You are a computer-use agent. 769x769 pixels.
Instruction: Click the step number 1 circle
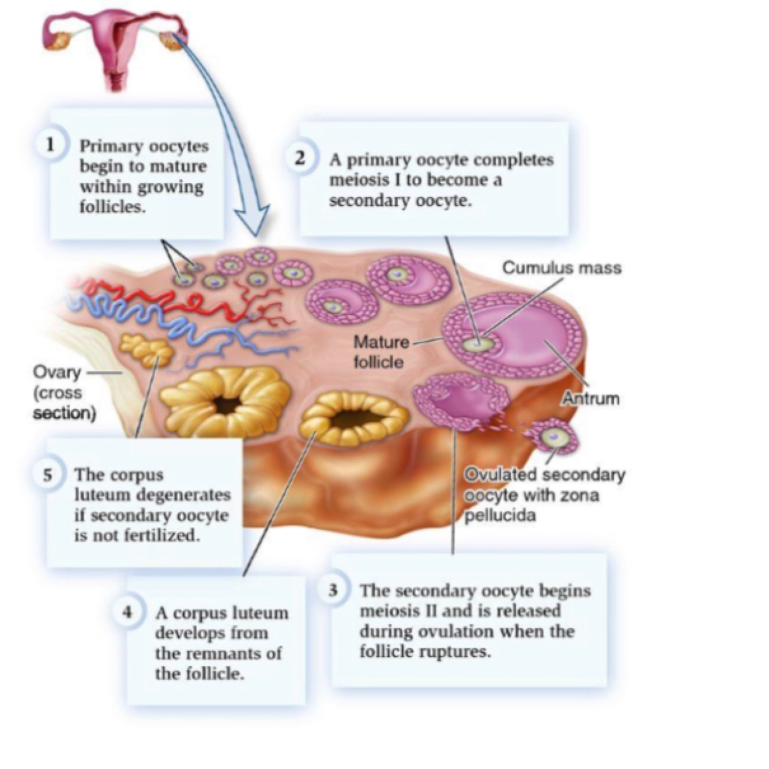point(51,145)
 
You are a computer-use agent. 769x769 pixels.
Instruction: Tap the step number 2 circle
point(300,158)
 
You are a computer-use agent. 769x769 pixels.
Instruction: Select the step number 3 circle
point(333,590)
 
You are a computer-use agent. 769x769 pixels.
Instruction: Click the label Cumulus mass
point(561,267)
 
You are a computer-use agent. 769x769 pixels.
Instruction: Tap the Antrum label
point(591,398)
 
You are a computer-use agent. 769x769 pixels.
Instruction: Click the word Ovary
point(56,372)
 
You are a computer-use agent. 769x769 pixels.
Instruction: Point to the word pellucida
point(500,515)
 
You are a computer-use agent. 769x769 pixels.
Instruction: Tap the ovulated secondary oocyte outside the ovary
point(555,438)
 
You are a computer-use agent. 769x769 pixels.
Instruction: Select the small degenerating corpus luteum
point(145,349)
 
